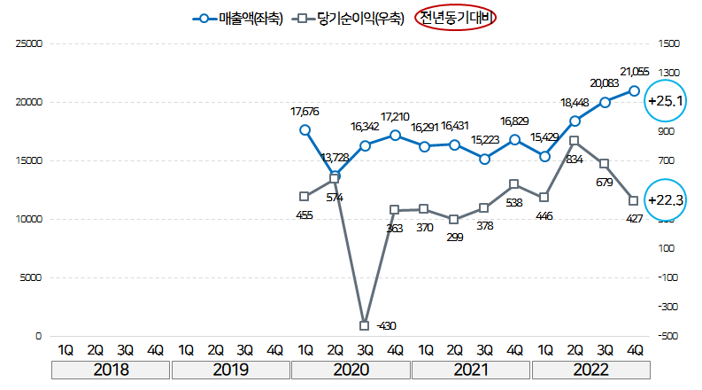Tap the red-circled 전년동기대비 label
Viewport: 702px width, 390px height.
[457, 17]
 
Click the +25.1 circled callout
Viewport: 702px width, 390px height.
[667, 101]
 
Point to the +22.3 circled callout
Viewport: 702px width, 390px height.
[666, 200]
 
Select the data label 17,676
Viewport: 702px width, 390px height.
[305, 112]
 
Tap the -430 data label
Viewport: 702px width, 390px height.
[385, 326]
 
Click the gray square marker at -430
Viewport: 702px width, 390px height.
[365, 325]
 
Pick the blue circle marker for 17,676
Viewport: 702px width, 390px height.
[305, 129]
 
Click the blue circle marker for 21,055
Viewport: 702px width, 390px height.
[634, 90]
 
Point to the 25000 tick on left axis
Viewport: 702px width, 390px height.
[29, 43]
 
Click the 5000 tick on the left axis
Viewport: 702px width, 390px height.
[32, 277]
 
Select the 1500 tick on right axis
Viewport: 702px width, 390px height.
[668, 43]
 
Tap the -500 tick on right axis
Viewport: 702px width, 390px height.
[668, 336]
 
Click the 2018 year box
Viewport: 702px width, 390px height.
[111, 369]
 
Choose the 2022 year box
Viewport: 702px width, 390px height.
[590, 369]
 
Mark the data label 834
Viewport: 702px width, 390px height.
[575, 160]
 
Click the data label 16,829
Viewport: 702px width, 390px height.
[515, 121]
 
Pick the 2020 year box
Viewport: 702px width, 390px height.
[351, 369]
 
